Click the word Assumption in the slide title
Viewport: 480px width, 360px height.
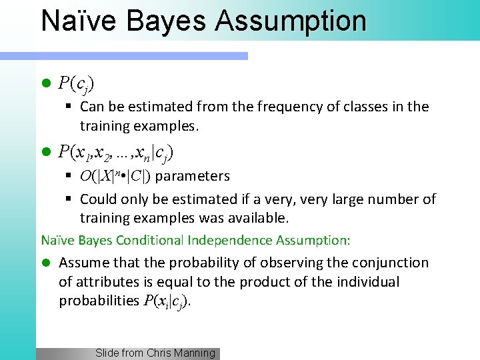coord(290,21)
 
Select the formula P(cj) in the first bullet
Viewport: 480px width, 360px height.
coord(76,84)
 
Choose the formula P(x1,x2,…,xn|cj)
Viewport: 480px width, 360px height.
coord(116,153)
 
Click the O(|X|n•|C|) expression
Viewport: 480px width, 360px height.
coord(115,177)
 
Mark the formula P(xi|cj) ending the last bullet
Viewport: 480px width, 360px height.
coord(167,301)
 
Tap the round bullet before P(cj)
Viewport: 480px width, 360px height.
coord(46,84)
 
